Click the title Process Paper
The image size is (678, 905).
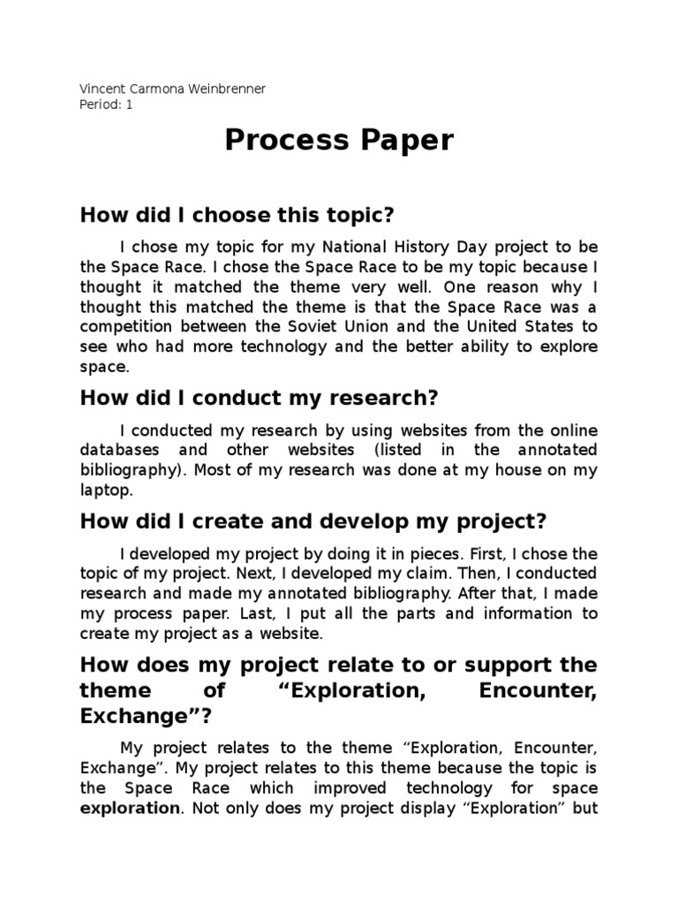pyautogui.click(x=339, y=141)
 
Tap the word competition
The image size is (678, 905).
pyautogui.click(x=128, y=326)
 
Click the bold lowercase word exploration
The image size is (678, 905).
pyautogui.click(x=129, y=808)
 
